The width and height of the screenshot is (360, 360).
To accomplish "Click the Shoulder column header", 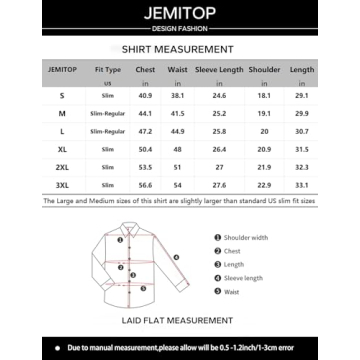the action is [265, 69].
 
